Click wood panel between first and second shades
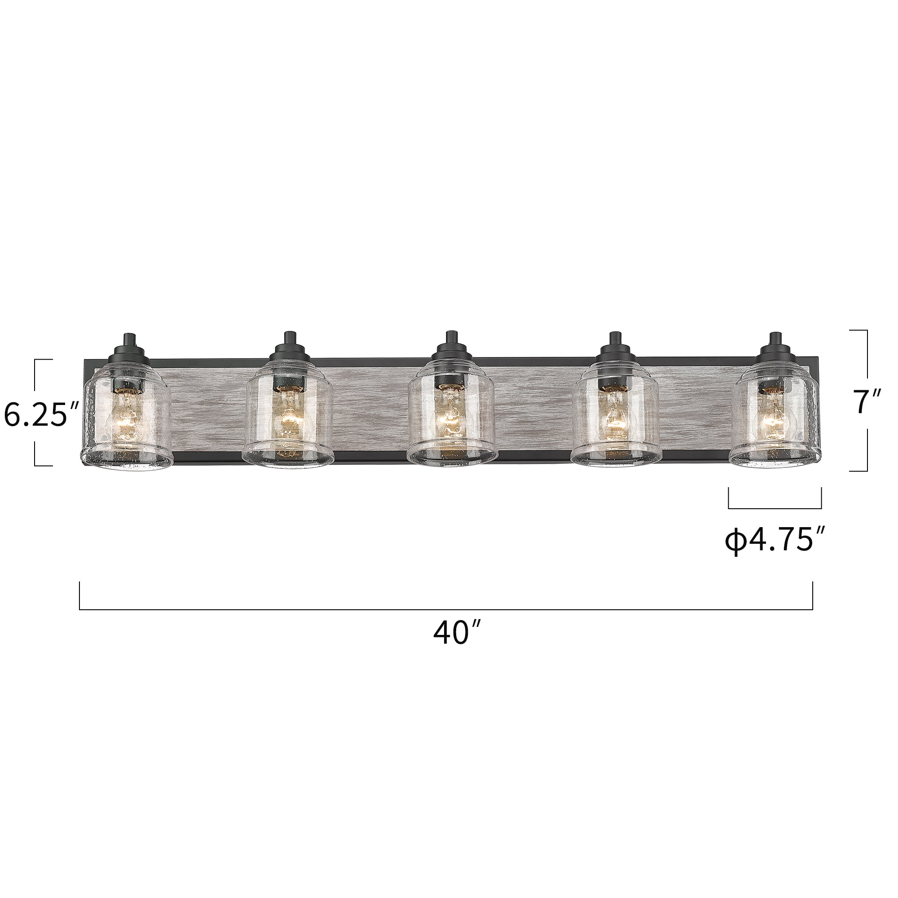207,409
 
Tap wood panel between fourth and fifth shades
695,409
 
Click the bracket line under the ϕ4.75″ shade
775,508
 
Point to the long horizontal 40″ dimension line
446,609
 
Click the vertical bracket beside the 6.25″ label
35,372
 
